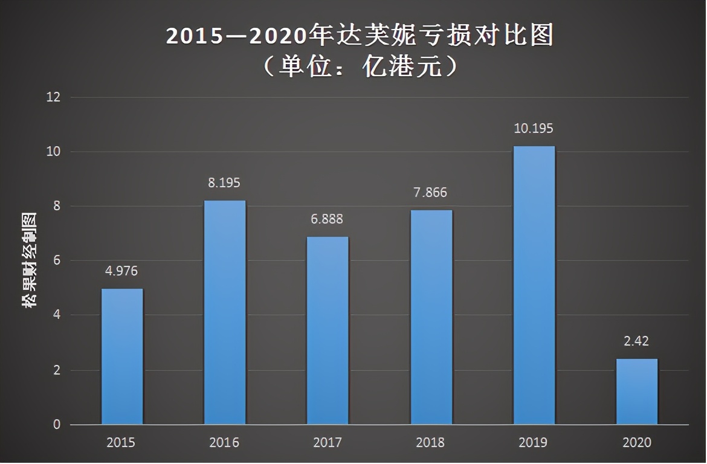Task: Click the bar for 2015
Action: tap(122, 356)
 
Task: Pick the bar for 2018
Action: tap(431, 317)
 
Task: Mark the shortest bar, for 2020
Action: tap(637, 391)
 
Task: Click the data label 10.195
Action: tap(534, 129)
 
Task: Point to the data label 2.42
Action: tap(637, 341)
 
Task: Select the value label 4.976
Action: tap(122, 271)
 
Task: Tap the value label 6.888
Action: tap(328, 219)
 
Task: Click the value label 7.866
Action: tap(431, 193)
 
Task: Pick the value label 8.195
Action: tap(225, 183)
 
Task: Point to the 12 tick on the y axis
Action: tap(54, 97)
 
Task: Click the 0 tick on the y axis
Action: tap(57, 425)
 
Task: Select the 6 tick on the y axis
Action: tap(57, 261)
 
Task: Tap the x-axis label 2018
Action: tap(431, 443)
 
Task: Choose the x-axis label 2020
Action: tap(637, 443)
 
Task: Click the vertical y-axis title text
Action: tap(29, 260)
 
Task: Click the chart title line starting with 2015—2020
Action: tap(360, 36)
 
